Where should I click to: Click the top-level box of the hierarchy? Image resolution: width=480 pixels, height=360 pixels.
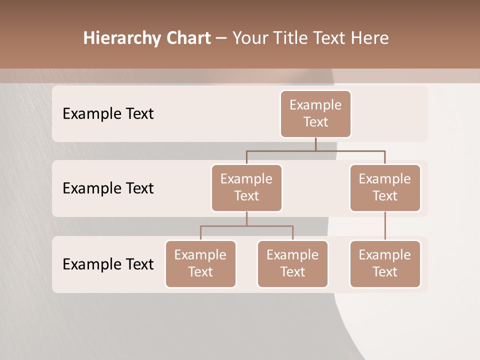(x=315, y=113)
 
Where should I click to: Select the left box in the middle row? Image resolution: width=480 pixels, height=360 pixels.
(x=246, y=187)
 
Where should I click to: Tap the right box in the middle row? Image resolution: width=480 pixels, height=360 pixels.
(x=385, y=187)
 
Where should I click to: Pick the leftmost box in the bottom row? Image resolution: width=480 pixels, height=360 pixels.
(x=200, y=263)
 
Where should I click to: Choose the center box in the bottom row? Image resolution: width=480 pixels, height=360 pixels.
(x=292, y=263)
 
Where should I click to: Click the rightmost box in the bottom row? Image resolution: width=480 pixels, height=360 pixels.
(x=385, y=263)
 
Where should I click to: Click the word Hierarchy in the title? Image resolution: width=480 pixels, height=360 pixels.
(x=122, y=38)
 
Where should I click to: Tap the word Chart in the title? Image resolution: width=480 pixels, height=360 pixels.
(x=188, y=38)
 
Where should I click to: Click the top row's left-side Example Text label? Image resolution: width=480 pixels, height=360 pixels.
(x=108, y=113)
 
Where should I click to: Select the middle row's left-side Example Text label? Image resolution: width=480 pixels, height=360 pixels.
(x=108, y=188)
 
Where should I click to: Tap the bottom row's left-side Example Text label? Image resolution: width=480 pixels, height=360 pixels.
(x=108, y=264)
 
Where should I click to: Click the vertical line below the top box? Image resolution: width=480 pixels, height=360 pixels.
(x=315, y=144)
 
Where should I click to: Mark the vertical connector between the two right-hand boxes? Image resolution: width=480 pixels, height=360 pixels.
(x=385, y=226)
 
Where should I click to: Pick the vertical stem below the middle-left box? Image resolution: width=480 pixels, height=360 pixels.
(x=246, y=218)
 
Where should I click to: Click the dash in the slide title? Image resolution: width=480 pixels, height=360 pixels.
(x=221, y=38)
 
